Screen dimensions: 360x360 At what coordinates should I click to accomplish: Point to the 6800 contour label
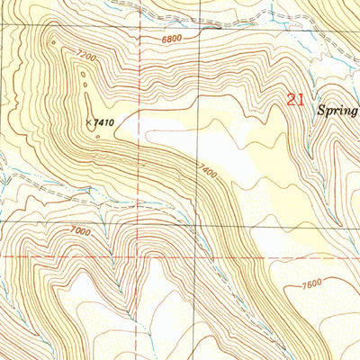tap(177, 39)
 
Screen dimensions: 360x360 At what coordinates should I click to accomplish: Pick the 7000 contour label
tap(80, 230)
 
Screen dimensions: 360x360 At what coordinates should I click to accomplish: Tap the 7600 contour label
tap(311, 285)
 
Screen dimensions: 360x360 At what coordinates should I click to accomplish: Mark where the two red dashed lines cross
tap(136, 257)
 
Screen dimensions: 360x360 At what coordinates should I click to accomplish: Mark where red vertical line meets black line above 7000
tap(136, 215)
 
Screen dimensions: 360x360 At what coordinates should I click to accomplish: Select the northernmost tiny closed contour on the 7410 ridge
tap(53, 40)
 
